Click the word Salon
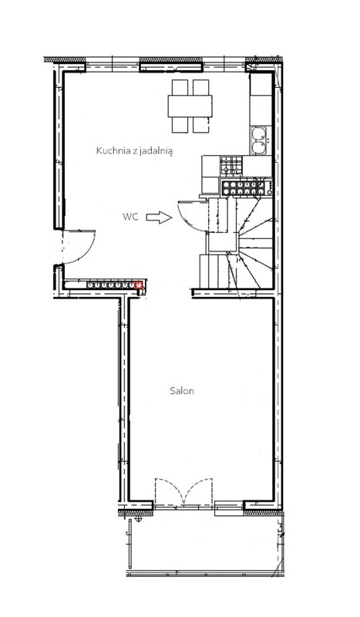coord(182,391)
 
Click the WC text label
coord(130,217)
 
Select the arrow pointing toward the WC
coord(160,217)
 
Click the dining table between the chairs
coord(190,106)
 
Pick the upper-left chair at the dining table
coord(180,87)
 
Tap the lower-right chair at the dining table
coord(200,125)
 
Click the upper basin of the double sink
coord(259,133)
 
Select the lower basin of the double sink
coord(259,147)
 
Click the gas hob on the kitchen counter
coord(231,166)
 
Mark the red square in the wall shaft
coord(138,285)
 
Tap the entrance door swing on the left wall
coord(87,252)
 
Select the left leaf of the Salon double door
coord(169,491)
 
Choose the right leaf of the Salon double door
coord(198,491)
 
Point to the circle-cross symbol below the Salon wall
coord(138,519)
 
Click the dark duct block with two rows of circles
coord(246,187)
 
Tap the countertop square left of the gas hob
coord(211,166)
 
